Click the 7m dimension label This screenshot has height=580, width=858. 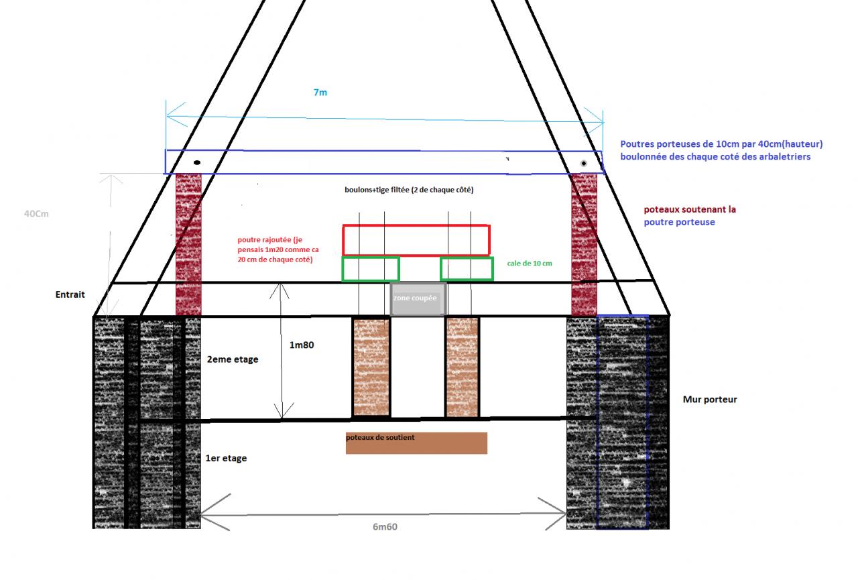(x=320, y=93)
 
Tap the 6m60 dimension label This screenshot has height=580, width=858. (x=385, y=526)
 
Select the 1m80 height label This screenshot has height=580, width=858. (x=302, y=345)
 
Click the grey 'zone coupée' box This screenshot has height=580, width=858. (x=418, y=299)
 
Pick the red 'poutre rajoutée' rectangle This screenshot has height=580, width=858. (x=416, y=240)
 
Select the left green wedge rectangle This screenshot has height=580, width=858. (x=371, y=269)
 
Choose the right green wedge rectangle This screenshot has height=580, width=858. (x=467, y=269)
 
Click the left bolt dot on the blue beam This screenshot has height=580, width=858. (x=197, y=163)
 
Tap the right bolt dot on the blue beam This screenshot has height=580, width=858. (x=584, y=164)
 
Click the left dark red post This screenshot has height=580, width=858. (x=188, y=244)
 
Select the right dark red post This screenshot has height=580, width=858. (x=584, y=244)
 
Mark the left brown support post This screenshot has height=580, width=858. (x=371, y=367)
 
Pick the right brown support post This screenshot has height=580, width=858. (x=463, y=367)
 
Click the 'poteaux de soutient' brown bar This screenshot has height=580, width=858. (x=416, y=443)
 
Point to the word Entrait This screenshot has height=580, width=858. (x=70, y=295)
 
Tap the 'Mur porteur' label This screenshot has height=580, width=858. (x=710, y=400)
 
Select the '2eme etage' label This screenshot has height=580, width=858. (x=233, y=359)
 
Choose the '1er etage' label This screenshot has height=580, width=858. (x=226, y=458)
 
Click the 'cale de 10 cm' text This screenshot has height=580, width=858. (x=530, y=264)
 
